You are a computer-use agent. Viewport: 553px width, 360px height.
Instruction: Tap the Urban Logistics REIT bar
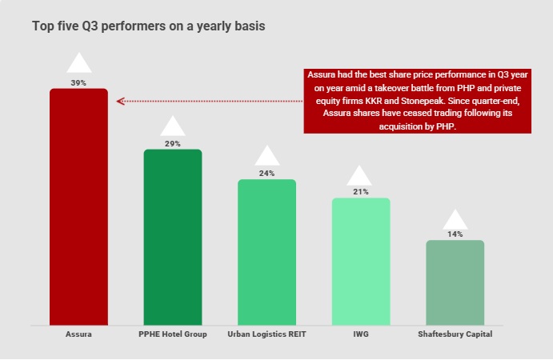[266, 252]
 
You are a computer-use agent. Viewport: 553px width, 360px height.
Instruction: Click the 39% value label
[78, 82]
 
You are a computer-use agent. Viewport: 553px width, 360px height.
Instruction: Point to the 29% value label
[173, 144]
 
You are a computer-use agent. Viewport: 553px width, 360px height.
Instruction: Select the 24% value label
[266, 174]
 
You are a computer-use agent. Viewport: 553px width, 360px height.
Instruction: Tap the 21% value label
[361, 192]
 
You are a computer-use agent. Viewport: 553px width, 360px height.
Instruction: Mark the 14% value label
[455, 234]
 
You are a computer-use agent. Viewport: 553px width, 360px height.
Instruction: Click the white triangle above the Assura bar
[78, 64]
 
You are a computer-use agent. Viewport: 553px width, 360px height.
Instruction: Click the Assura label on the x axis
[78, 334]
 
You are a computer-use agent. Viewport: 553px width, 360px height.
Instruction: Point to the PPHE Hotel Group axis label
[173, 334]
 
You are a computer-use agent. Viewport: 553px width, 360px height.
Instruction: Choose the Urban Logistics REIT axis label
[266, 334]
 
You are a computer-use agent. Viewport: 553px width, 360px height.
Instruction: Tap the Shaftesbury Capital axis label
[455, 334]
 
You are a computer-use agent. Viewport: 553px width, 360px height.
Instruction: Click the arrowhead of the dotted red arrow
[119, 102]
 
